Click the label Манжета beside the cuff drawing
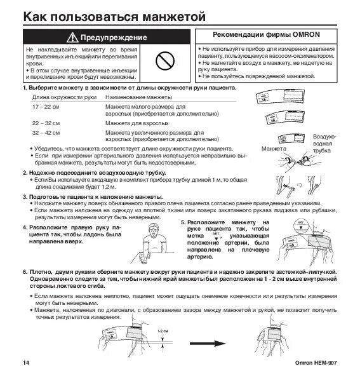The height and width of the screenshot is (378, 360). [274, 147]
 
